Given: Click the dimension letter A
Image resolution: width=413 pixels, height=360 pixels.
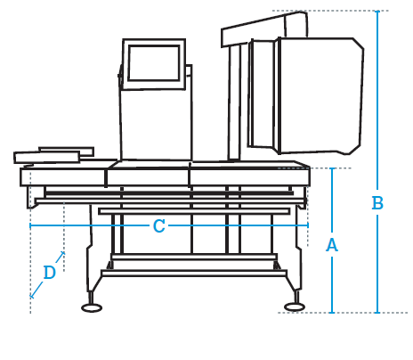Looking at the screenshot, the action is point(332,245).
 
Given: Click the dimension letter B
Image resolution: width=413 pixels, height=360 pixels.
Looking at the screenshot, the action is point(377,203).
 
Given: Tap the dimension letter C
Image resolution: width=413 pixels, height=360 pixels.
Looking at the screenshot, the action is point(159,226).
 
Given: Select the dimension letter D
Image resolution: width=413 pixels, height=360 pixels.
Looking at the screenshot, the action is point(50,273).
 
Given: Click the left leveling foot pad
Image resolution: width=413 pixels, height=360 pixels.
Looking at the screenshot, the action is point(92,307).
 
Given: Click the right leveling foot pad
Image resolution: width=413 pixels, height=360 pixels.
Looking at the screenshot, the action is point(295,307).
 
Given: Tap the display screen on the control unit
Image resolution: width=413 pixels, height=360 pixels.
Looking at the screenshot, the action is point(154,63).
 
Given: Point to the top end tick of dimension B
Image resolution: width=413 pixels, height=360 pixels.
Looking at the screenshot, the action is point(377,11).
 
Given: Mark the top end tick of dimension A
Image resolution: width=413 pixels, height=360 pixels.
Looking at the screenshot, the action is point(332,168).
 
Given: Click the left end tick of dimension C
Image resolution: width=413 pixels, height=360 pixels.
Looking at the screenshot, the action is point(30,225).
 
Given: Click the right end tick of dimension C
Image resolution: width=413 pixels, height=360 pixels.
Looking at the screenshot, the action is point(308,225).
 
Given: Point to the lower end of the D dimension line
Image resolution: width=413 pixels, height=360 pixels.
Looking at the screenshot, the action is point(30,297).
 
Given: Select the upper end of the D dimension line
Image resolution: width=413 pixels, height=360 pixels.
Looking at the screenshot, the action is point(63,253).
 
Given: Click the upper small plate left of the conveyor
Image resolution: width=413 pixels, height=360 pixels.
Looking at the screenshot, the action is point(67,151).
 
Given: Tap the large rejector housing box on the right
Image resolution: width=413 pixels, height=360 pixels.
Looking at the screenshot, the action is point(321,96).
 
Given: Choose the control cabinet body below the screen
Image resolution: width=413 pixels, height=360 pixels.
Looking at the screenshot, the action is point(157,125).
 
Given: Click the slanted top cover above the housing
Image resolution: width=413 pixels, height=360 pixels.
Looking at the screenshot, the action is point(264,29).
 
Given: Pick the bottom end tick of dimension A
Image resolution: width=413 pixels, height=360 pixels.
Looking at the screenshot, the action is point(332,313).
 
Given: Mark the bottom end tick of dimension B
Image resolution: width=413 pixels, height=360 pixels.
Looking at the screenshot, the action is point(377,313).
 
